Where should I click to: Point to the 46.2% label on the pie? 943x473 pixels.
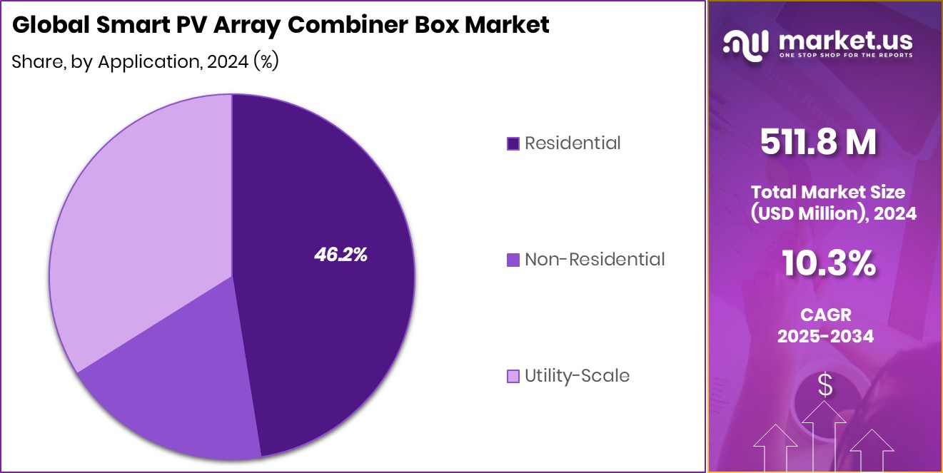click(341, 255)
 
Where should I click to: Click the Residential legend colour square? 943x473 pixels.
click(513, 143)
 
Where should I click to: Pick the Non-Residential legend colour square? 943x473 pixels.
click(513, 260)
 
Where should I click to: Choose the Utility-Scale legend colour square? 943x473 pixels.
click(513, 376)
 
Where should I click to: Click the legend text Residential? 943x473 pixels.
click(573, 143)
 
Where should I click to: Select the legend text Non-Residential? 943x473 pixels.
click(595, 260)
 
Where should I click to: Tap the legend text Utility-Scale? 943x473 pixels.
click(577, 376)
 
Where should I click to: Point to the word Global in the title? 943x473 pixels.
click(45, 25)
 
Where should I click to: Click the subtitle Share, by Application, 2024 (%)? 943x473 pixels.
click(145, 62)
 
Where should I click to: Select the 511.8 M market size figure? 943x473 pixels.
click(818, 143)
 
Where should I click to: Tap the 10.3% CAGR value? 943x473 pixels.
click(828, 264)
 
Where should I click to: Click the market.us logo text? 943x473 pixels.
click(847, 41)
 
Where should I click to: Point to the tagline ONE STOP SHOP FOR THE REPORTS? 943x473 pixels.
click(847, 56)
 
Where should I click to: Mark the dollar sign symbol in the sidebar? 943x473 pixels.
click(825, 386)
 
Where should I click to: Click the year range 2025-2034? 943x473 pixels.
click(825, 336)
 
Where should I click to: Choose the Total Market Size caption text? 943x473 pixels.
click(828, 192)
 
